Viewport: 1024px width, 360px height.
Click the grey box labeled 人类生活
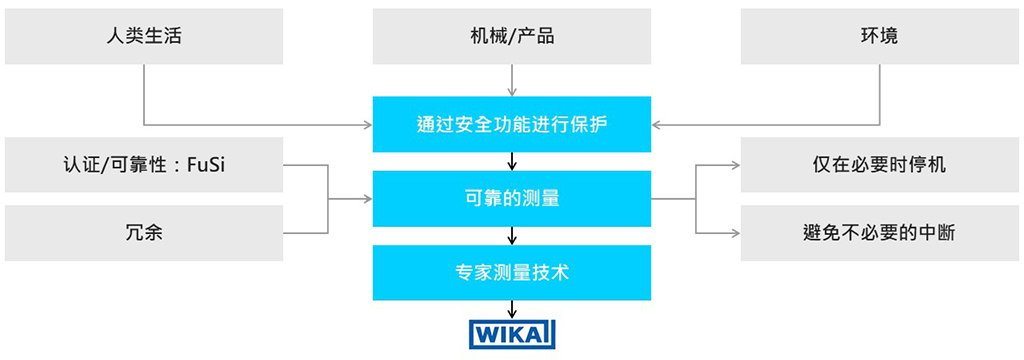144,37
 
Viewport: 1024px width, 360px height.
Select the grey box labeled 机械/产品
512,37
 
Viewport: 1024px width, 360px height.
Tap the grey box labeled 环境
879,37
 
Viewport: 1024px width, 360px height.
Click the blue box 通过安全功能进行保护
512,125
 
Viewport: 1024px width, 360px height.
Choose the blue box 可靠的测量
512,198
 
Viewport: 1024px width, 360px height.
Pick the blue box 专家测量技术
512,271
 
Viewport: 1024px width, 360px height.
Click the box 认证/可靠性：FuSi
144,165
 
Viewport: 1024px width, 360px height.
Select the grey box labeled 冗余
144,234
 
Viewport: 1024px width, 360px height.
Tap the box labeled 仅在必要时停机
879,165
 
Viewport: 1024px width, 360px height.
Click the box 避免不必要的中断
879,234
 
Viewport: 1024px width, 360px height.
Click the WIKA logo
512,333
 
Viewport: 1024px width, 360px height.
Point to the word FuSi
206,165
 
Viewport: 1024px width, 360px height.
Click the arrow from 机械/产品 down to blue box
512,80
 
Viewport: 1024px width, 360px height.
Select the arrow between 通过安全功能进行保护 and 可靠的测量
512,161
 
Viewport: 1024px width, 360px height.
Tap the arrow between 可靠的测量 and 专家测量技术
512,235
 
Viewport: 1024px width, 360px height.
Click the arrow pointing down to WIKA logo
512,309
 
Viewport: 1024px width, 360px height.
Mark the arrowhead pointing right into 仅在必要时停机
734,165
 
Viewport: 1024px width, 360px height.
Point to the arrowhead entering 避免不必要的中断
734,234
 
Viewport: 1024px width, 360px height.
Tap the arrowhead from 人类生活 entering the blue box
366,125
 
